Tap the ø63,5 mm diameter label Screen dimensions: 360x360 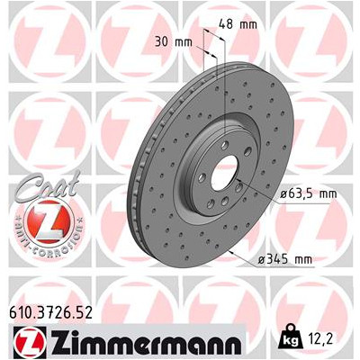pyautogui.click(x=287, y=193)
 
